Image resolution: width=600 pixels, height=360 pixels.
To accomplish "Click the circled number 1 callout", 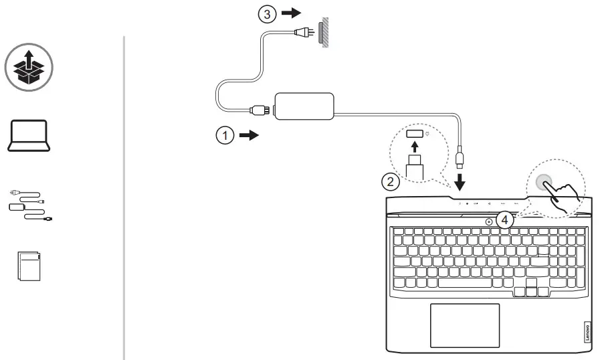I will pos(225,135).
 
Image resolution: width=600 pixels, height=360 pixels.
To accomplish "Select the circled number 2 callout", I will pos(391,180).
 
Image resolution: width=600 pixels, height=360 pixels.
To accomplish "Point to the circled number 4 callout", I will pos(506,219).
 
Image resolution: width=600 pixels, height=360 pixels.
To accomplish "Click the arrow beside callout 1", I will pos(248,135).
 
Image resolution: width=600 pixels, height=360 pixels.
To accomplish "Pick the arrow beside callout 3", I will pos(290,14).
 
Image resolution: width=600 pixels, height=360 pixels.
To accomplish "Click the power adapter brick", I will pos(304,106).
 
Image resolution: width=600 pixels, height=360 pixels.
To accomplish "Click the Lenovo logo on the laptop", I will pos(587,331).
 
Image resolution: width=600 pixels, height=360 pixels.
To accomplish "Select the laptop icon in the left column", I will pos(28,135).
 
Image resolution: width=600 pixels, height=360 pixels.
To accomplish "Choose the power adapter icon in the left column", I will pos(29,203).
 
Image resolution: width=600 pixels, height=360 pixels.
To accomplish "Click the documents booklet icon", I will pos(29,266).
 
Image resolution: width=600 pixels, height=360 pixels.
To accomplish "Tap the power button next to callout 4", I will pos(490,221).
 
